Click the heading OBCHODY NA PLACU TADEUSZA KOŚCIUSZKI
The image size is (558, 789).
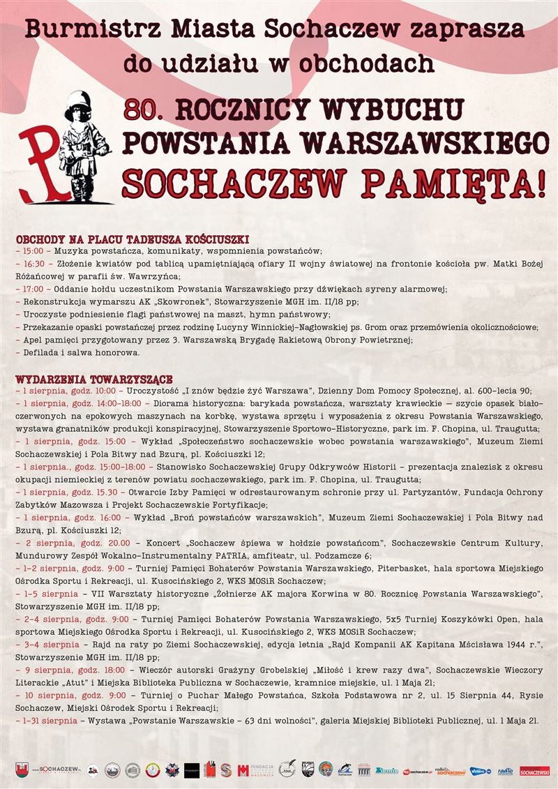[133, 239]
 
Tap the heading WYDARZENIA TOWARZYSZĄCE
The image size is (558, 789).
[94, 380]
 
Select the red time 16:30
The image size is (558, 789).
[33, 264]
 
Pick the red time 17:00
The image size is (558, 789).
[33, 289]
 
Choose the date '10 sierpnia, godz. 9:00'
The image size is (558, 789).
[76, 696]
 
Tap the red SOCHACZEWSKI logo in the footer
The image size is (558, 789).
[534, 771]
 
